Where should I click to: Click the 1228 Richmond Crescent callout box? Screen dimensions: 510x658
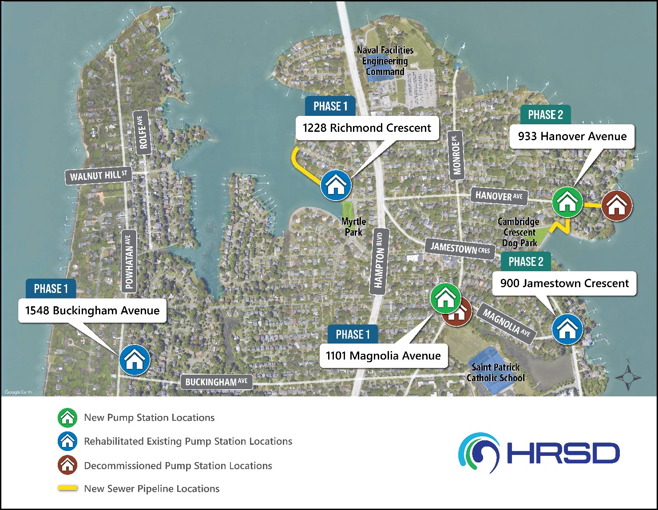click(x=367, y=128)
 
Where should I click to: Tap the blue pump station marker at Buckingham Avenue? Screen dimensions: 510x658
click(x=135, y=360)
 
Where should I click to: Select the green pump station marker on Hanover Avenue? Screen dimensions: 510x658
click(x=567, y=202)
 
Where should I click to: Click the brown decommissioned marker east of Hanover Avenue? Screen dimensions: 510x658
click(x=617, y=206)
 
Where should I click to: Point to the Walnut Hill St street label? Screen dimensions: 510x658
click(x=99, y=176)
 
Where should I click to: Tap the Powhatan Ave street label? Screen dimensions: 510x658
click(x=129, y=261)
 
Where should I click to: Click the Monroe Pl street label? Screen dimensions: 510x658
click(x=456, y=155)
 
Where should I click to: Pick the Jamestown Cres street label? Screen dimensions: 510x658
click(x=460, y=248)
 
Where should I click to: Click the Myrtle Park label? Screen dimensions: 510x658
click(x=353, y=226)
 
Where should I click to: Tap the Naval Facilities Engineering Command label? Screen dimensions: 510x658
click(x=385, y=61)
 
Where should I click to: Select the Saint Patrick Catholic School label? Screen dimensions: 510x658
click(x=495, y=372)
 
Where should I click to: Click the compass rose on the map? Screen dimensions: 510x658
click(x=628, y=377)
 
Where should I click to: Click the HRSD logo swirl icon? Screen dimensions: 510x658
click(x=479, y=453)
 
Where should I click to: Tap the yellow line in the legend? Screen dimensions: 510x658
click(x=67, y=488)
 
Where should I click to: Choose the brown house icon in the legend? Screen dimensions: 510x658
click(x=67, y=465)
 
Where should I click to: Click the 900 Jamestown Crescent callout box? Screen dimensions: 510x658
click(x=564, y=284)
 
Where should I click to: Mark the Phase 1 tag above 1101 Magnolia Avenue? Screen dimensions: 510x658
click(x=353, y=334)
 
